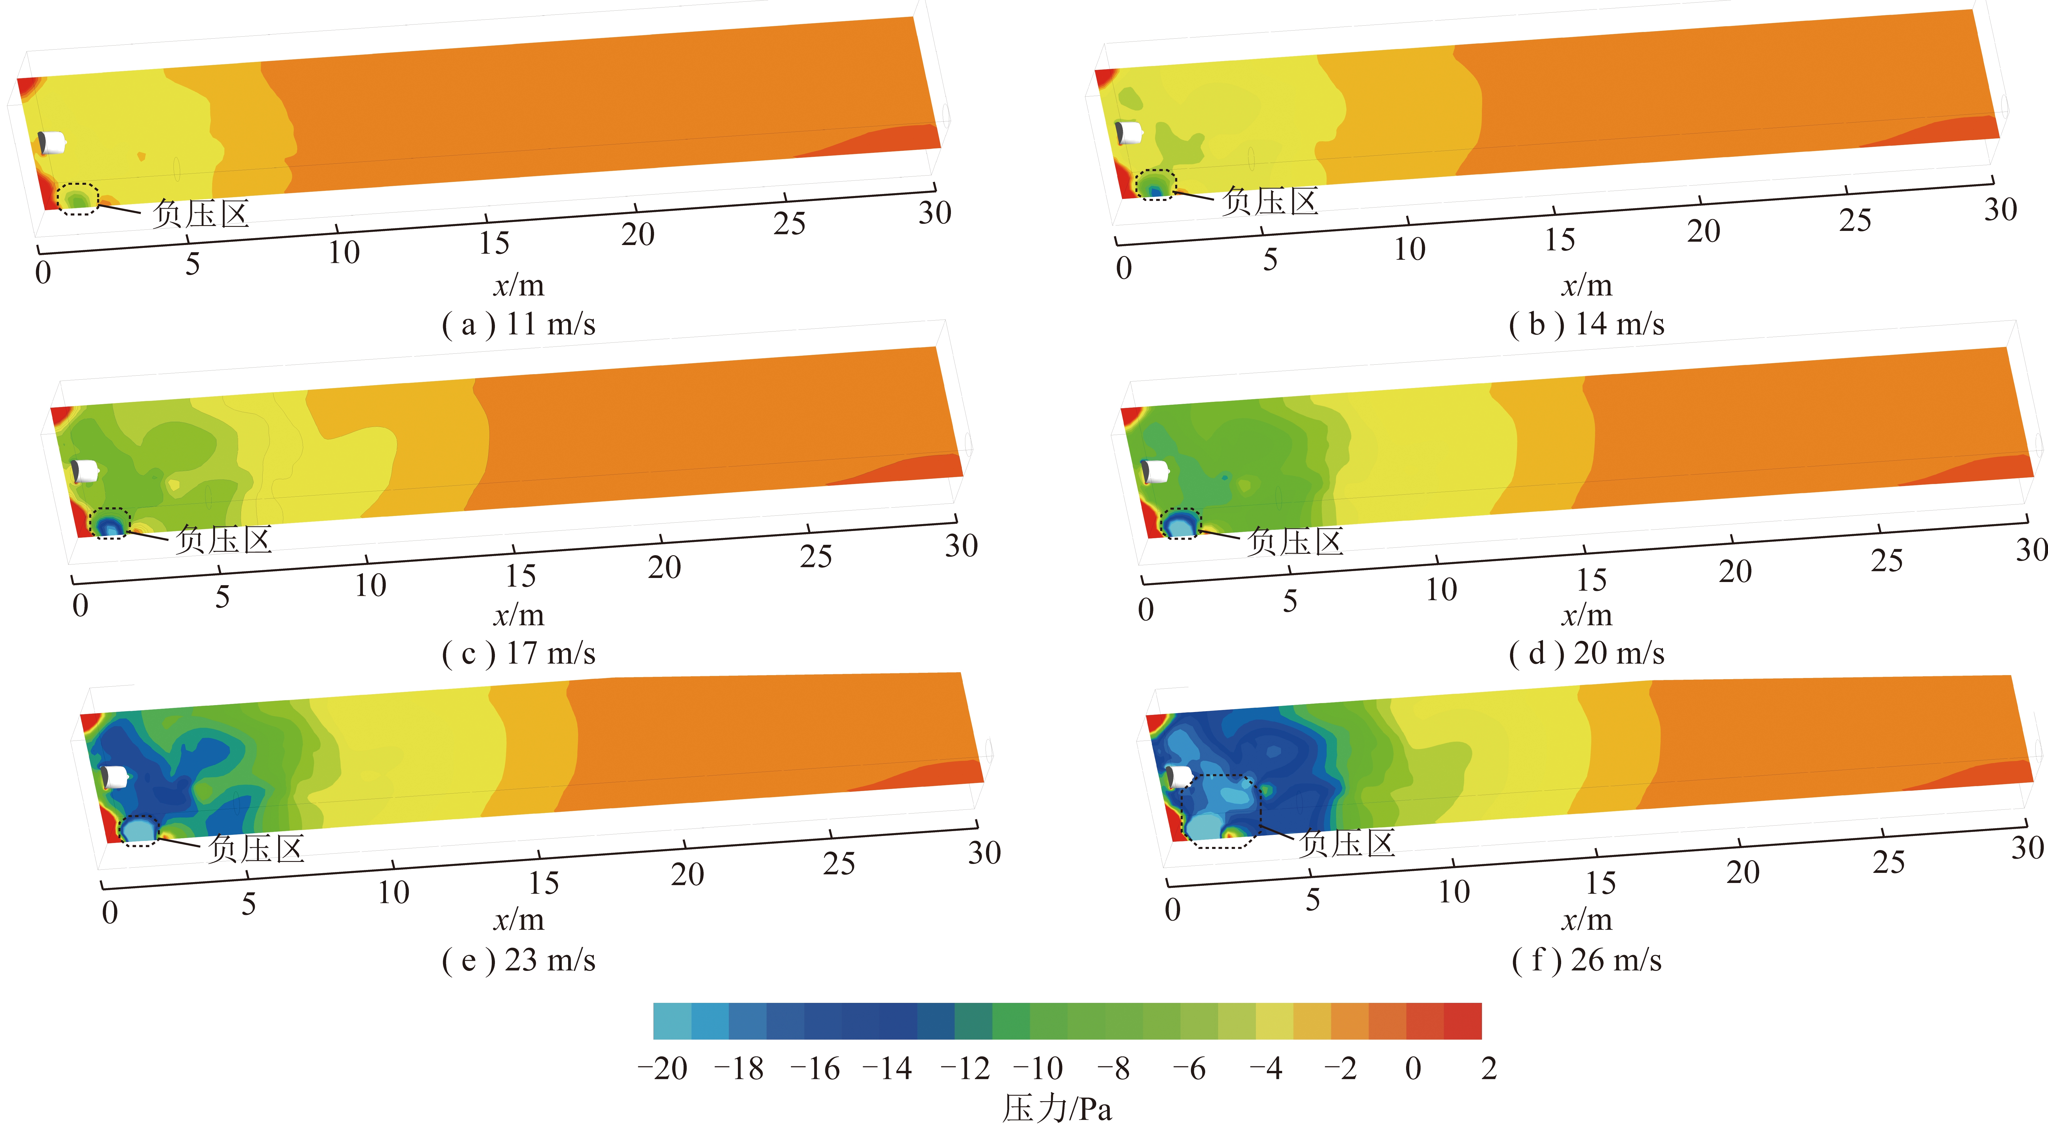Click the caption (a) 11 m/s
coord(518,325)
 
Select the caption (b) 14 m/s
coord(1586,325)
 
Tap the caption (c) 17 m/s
coord(518,654)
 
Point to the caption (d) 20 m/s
coord(1586,654)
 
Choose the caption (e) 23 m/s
coord(518,960)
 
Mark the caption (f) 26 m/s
coord(1586,960)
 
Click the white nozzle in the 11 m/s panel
coord(52,142)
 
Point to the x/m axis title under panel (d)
coord(1586,615)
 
